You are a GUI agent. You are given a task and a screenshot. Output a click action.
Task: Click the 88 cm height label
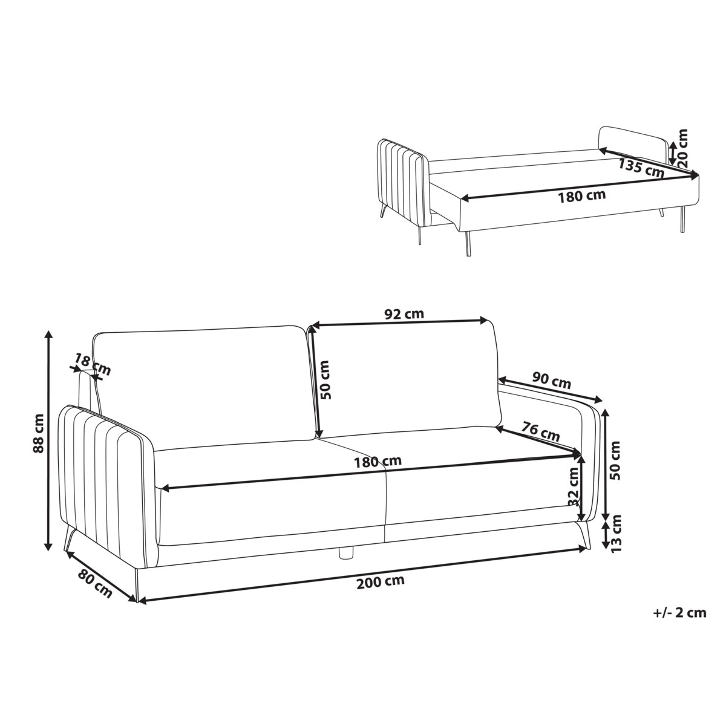39,434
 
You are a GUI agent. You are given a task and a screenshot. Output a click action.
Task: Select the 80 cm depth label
95,584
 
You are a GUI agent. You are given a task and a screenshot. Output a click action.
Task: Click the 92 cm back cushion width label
404,314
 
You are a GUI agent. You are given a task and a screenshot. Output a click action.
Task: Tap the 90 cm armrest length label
552,381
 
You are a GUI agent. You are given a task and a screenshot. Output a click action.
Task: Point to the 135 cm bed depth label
641,167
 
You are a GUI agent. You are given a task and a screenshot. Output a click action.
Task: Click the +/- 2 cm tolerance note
679,613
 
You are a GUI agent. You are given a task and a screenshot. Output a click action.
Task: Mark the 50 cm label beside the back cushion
325,380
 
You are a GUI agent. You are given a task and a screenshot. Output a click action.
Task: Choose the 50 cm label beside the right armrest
616,460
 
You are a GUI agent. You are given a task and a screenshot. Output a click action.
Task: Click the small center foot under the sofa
345,551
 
